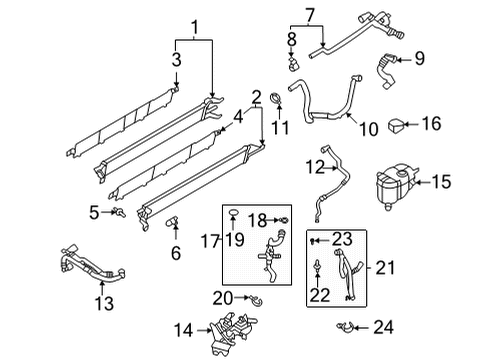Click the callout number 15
[x=441, y=181]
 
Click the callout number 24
[x=384, y=327]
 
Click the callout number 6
[x=176, y=253]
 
